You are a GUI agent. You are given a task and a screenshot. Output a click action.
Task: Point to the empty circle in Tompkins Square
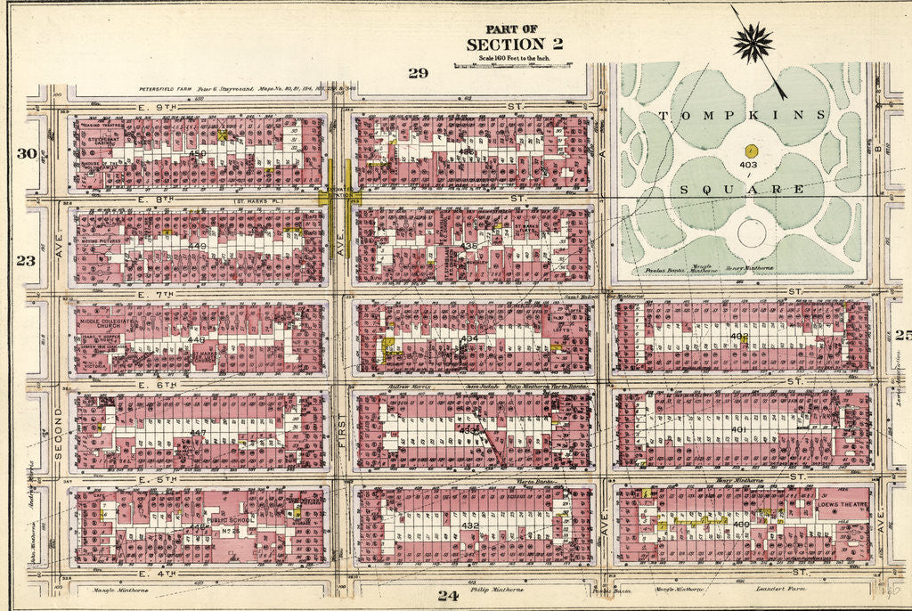(x=752, y=233)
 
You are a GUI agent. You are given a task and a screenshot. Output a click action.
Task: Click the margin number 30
(x=25, y=153)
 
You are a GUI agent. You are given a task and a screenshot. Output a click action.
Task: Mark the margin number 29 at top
(x=418, y=73)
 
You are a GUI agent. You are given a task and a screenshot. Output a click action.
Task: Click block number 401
(x=738, y=430)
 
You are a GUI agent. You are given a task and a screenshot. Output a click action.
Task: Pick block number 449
(x=198, y=246)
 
